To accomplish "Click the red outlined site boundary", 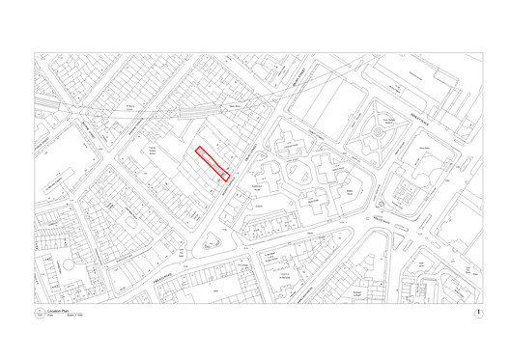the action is point(212,163).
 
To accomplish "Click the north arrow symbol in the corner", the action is point(476,314).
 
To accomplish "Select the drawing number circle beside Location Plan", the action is point(40,315).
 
